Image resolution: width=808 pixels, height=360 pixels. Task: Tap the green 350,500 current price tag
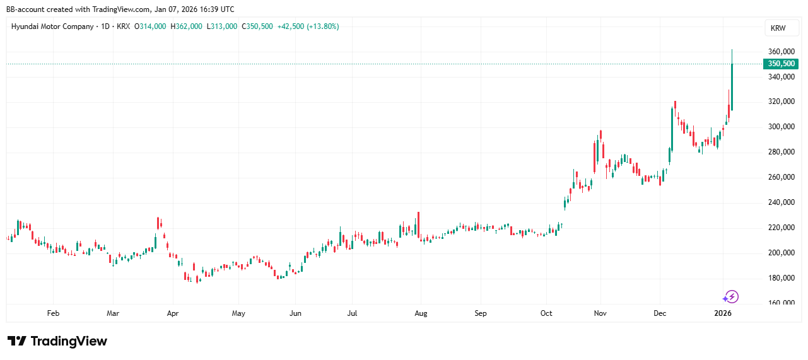point(780,64)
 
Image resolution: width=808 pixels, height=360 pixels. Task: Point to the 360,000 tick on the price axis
point(780,52)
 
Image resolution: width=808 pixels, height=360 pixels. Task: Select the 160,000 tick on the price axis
point(780,303)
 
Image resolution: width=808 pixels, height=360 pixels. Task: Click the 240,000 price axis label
point(780,202)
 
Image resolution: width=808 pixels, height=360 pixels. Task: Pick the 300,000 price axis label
point(780,127)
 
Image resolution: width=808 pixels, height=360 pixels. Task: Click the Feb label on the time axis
point(53,313)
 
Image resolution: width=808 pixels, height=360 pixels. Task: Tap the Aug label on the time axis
point(421,313)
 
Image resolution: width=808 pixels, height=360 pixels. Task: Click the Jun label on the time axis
point(295,313)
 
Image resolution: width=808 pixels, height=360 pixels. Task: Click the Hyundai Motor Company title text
point(52,26)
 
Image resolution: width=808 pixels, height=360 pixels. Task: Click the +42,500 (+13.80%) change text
point(308,26)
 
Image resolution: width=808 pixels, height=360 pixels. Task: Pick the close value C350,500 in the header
point(257,26)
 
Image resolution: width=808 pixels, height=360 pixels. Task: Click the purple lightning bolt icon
point(730,296)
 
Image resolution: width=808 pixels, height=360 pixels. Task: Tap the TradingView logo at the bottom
point(57,341)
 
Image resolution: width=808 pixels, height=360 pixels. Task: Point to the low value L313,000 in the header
point(222,26)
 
